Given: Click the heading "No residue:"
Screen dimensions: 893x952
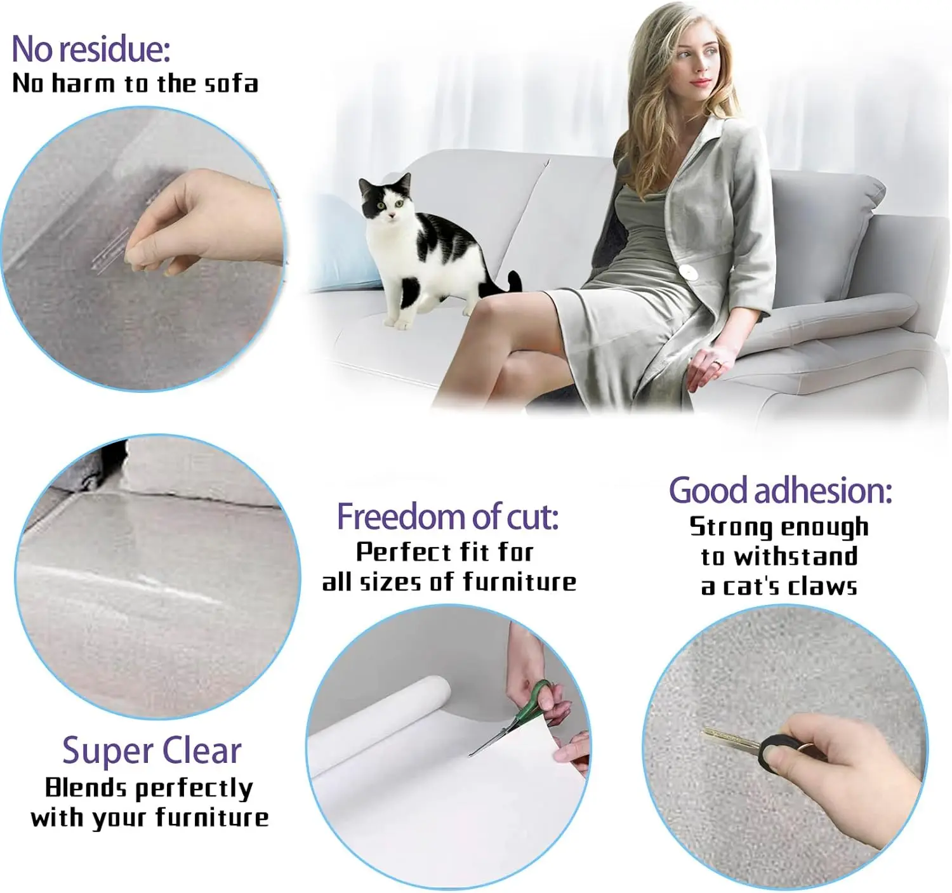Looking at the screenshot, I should coord(91,49).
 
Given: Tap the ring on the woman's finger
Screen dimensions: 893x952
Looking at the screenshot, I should coord(716,364).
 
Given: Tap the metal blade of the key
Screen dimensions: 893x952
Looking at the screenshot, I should coord(730,738).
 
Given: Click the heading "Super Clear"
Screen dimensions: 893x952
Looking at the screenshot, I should coord(152,751).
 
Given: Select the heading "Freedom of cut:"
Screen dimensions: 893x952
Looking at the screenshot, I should coord(447,516).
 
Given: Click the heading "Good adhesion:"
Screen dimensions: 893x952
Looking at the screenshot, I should coord(780,491).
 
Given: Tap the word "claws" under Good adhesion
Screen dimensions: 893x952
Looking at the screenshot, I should coord(822,586).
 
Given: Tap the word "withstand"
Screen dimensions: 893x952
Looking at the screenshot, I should coord(796,557).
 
